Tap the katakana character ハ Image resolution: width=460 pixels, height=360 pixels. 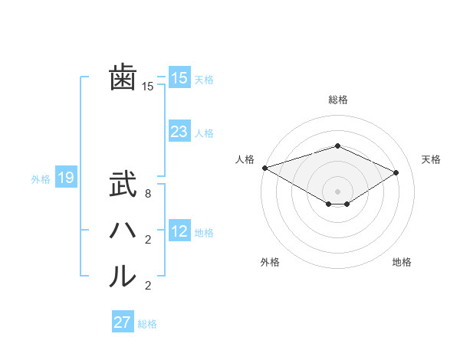click(x=123, y=231)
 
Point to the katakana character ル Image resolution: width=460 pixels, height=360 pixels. click(x=123, y=277)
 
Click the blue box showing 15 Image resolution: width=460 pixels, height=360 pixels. click(x=179, y=78)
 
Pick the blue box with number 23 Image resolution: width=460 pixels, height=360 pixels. click(x=179, y=132)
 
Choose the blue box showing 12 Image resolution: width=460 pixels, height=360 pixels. click(x=179, y=231)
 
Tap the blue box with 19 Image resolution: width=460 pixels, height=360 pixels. click(x=66, y=178)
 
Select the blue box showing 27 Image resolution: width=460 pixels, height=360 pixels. click(x=123, y=322)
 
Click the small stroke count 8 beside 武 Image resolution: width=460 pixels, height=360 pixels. click(x=148, y=194)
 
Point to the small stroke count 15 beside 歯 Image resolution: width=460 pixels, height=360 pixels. click(x=148, y=87)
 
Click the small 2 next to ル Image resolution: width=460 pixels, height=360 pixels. click(x=148, y=286)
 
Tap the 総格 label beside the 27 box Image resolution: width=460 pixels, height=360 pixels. click(x=147, y=324)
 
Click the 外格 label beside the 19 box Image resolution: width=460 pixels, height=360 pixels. click(x=41, y=179)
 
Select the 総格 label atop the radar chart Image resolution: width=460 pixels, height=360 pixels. click(x=338, y=100)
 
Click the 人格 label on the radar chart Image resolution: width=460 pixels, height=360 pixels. click(x=245, y=159)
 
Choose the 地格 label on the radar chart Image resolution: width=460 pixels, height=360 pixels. click(x=402, y=262)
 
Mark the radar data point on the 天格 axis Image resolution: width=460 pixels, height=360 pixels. click(x=396, y=172)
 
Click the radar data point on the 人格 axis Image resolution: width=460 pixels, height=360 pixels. click(x=264, y=167)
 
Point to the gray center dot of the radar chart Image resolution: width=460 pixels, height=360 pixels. click(x=338, y=191)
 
